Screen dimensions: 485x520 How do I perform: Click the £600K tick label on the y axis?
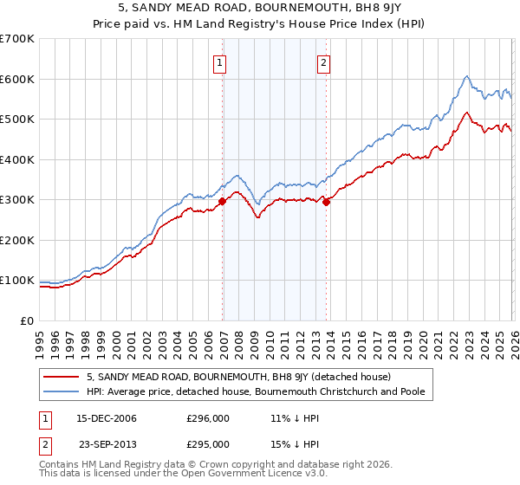(17, 79)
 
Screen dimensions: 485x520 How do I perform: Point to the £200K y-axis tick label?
(17, 240)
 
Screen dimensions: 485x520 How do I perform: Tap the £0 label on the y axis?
(28, 320)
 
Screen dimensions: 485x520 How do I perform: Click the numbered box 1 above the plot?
(220, 62)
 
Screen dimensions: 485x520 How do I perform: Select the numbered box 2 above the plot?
(323, 62)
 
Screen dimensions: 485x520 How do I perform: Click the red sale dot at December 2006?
(222, 201)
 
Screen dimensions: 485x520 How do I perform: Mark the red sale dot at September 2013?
(326, 202)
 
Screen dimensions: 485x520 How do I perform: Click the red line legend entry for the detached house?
(238, 377)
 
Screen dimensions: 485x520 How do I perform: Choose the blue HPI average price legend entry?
(260, 392)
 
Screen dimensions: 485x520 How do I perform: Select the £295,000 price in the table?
(208, 443)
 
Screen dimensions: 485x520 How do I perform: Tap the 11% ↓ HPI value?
(295, 419)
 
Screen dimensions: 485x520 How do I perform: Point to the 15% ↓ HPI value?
(295, 443)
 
